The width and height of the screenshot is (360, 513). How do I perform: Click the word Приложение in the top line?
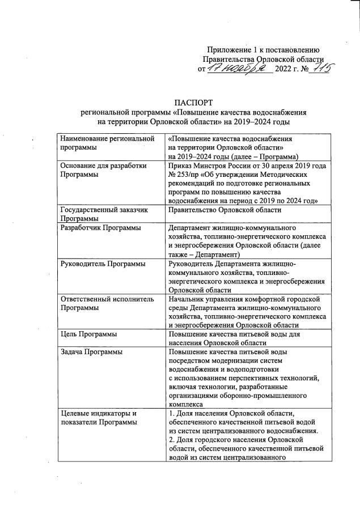[230, 49]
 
